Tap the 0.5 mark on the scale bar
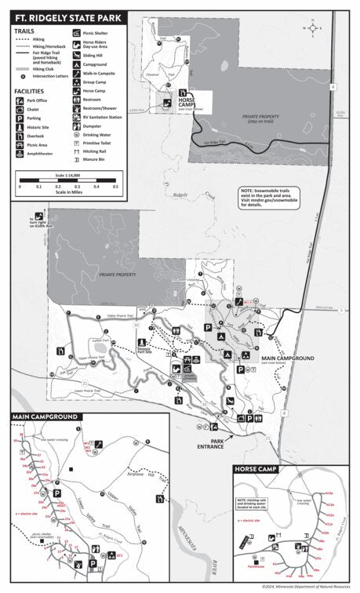115,187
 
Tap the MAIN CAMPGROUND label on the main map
287,358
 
